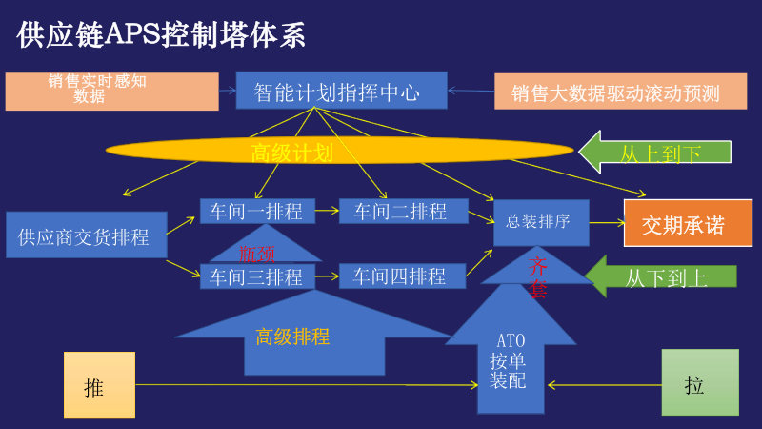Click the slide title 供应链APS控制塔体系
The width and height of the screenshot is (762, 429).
tap(161, 35)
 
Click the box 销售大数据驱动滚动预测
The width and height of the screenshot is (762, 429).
tap(615, 92)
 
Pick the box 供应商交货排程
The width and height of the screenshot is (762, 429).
tap(87, 235)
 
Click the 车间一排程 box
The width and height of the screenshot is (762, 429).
tap(255, 211)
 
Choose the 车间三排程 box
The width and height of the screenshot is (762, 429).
tap(255, 276)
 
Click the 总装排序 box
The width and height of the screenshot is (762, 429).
tap(540, 222)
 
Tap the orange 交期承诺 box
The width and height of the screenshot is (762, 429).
tap(688, 225)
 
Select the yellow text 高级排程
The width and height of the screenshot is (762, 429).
tap(291, 337)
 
